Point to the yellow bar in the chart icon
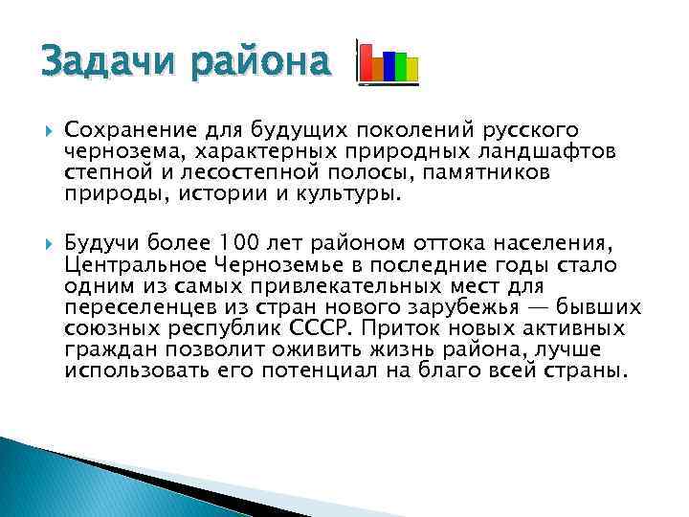click(x=411, y=70)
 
